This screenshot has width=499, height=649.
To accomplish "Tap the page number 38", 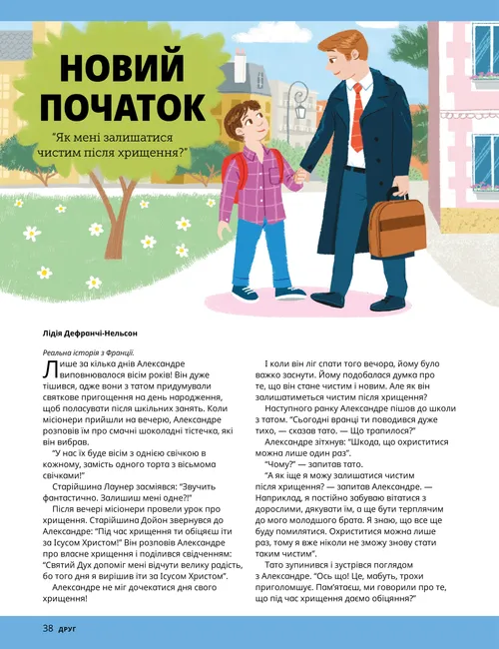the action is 47,629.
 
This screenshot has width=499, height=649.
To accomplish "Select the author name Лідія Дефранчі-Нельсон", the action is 90,333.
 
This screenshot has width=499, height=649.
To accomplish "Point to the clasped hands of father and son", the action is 299,180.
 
